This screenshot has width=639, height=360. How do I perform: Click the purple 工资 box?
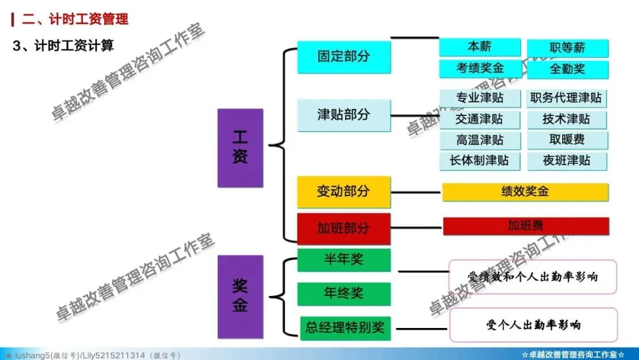pos(240,148)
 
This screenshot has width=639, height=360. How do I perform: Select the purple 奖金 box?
pos(240,296)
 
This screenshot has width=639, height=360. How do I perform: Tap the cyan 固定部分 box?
pos(344,57)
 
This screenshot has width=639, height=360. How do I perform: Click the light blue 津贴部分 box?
pos(344,114)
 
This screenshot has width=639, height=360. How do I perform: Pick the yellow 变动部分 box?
pos(344,191)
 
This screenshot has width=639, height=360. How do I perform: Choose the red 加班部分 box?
pos(344,228)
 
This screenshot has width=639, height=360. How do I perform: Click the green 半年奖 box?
pos(344,259)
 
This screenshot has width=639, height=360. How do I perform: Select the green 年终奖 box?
pos(344,294)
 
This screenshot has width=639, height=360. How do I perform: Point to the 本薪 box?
pos(479,47)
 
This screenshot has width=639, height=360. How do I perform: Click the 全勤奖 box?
pos(567,69)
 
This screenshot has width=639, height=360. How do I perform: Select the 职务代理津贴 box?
pos(567,98)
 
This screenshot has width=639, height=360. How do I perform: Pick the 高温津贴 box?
pos(480,140)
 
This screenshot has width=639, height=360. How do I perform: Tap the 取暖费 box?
pos(567,140)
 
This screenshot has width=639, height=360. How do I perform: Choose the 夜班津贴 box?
pos(567,160)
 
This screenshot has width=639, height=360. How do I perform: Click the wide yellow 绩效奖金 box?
pos(525,192)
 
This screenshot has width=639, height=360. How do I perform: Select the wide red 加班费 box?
pos(525,226)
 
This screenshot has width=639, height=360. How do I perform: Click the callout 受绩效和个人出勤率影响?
pos(532,277)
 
